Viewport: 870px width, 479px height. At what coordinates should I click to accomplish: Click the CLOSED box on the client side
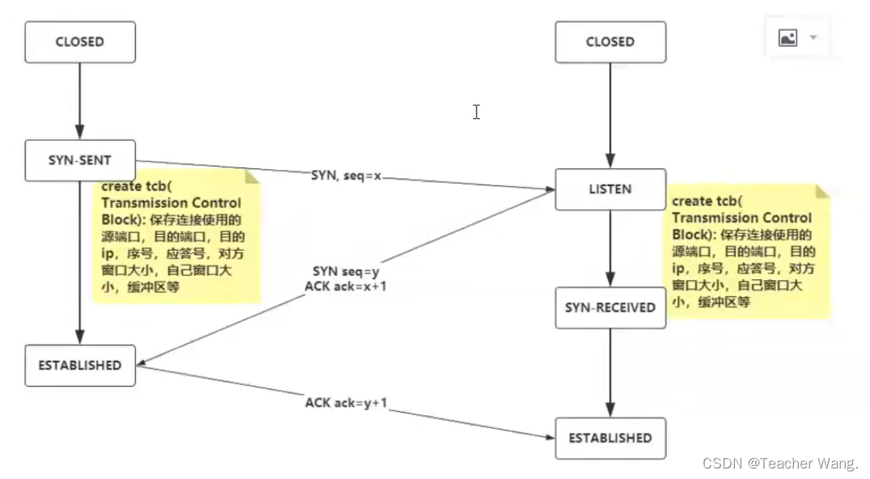pos(79,42)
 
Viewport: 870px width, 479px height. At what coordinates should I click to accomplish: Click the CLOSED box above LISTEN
pos(610,42)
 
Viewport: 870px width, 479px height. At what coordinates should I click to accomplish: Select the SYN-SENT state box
pos(79,160)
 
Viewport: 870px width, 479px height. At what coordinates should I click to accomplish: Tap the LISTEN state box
pos(610,189)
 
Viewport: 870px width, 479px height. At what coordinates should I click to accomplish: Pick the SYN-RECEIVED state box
pos(610,307)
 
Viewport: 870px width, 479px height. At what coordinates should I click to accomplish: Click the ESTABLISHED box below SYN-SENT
pos(79,366)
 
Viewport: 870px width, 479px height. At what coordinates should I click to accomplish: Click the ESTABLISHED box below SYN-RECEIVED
pos(610,439)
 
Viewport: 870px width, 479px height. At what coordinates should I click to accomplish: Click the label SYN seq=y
pos(346,272)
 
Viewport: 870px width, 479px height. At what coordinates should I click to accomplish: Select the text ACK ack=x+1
pos(346,286)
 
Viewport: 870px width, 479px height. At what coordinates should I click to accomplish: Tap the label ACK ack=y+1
pos(346,402)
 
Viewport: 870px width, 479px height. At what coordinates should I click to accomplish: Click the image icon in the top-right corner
pos(787,37)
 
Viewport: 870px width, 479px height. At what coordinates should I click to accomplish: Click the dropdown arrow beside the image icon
pos(813,37)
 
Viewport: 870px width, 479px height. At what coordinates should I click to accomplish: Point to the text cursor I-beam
pos(477,112)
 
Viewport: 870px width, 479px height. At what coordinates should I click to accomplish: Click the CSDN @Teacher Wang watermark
pos(780,464)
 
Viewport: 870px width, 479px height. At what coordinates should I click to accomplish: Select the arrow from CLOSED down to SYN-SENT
pos(79,100)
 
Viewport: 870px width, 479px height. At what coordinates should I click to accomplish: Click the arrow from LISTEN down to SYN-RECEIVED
pos(610,248)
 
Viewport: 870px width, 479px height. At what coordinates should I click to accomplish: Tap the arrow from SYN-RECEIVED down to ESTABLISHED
pos(610,372)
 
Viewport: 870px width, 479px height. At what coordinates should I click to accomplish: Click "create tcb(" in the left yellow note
pos(134,186)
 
